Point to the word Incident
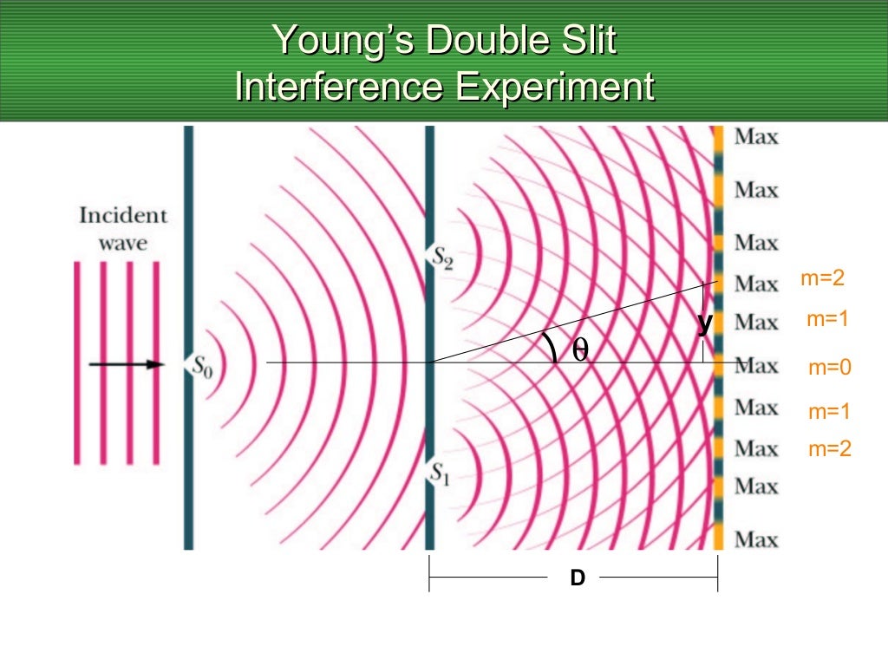coord(123,216)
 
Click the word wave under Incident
coord(123,243)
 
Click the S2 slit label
coord(443,258)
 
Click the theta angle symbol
coord(579,349)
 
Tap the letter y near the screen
coord(705,323)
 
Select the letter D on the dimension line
coord(577,578)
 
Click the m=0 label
coord(830,368)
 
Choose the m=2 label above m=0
coord(822,278)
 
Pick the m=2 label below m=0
coord(830,449)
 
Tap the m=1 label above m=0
coord(827,319)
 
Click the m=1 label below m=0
coord(830,411)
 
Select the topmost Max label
coord(756,137)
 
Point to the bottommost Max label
coord(756,539)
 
